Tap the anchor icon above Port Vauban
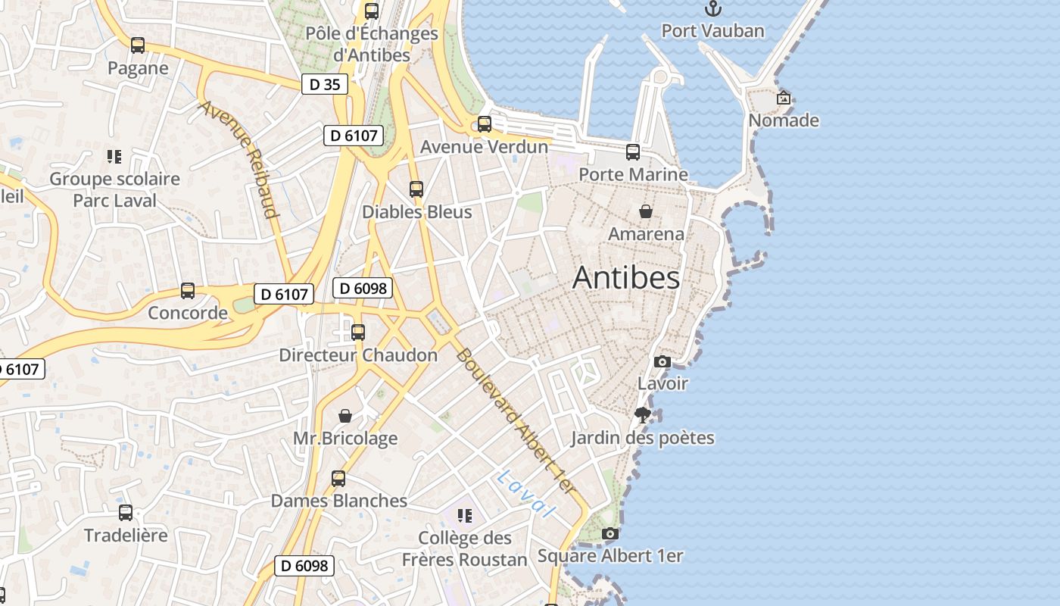(x=713, y=8)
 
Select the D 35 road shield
(x=325, y=84)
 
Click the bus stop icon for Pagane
(x=137, y=45)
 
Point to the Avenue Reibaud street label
(x=239, y=158)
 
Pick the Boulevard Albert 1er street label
(x=516, y=422)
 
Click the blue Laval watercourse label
(x=526, y=493)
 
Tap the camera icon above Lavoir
(x=662, y=361)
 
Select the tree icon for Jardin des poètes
(x=643, y=414)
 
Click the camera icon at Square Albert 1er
(x=609, y=534)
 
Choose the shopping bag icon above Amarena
(x=646, y=211)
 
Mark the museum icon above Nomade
(x=784, y=98)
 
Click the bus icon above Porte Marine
(x=633, y=152)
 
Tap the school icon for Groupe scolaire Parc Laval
(x=114, y=157)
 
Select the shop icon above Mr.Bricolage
(x=345, y=416)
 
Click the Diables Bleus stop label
(x=416, y=212)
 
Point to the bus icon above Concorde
(x=188, y=291)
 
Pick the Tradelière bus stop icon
(x=126, y=513)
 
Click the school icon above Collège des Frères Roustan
(x=465, y=516)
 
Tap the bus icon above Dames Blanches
(x=338, y=479)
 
